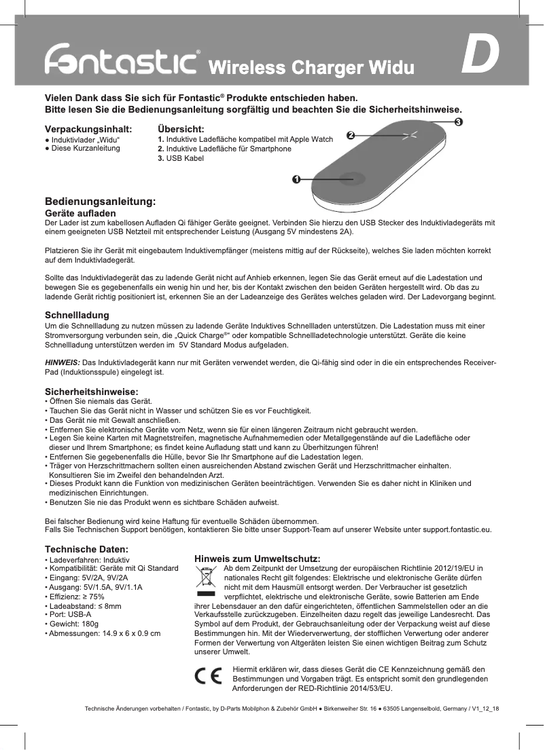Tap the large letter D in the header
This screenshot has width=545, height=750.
click(x=480, y=58)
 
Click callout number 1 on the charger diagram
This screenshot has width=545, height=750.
click(x=296, y=179)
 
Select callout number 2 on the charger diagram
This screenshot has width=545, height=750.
click(x=351, y=135)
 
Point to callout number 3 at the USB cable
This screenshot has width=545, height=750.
click(x=458, y=121)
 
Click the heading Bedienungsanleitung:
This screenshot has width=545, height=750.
click(x=101, y=202)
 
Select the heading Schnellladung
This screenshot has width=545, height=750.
click(x=77, y=316)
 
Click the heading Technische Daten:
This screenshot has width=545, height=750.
click(x=87, y=548)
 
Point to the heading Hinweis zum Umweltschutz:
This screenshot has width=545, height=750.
click(x=258, y=558)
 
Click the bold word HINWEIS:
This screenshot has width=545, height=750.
click(x=62, y=362)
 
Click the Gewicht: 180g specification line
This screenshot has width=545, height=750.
click(x=71, y=622)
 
